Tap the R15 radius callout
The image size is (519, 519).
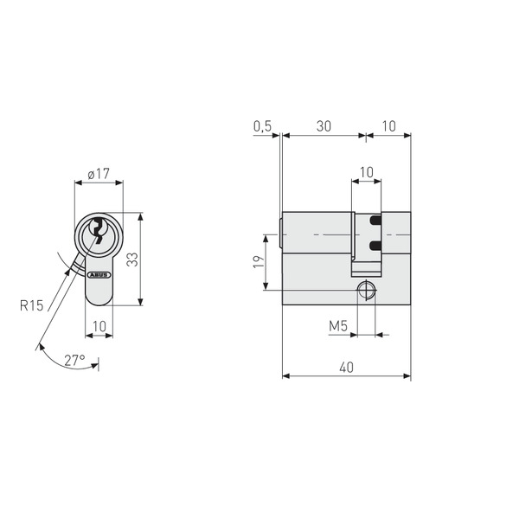pyautogui.click(x=31, y=304)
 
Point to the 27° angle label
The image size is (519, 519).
pyautogui.click(x=74, y=359)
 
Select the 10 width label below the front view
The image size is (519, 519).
pyautogui.click(x=98, y=326)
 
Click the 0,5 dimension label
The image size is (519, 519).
pyautogui.click(x=263, y=126)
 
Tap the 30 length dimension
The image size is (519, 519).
pyautogui.click(x=324, y=126)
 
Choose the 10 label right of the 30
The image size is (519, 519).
pyautogui.click(x=388, y=126)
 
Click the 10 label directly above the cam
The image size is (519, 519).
pyautogui.click(x=367, y=173)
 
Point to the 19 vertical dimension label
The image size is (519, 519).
pyautogui.click(x=258, y=261)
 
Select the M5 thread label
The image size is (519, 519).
pyautogui.click(x=338, y=326)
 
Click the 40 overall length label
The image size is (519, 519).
pyautogui.click(x=346, y=368)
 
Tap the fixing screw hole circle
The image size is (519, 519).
pyautogui.click(x=367, y=290)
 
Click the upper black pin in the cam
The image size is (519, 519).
pyautogui.click(x=375, y=221)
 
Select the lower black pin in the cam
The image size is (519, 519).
pyautogui.click(x=375, y=247)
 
